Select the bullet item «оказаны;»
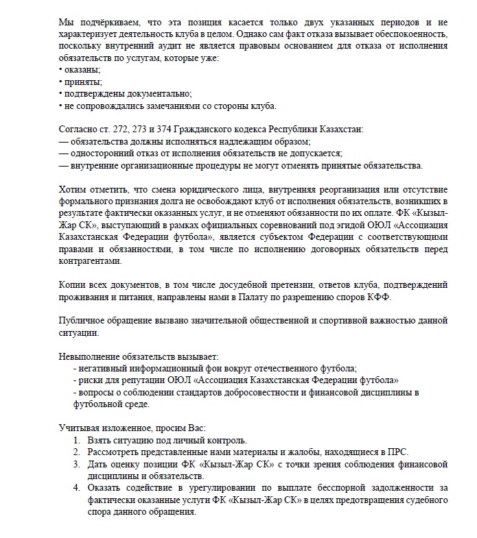coord(83,69)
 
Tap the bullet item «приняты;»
coord(83,82)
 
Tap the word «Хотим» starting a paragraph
coord(73,188)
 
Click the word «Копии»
coord(73,284)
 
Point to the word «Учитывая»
coord(78,428)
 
